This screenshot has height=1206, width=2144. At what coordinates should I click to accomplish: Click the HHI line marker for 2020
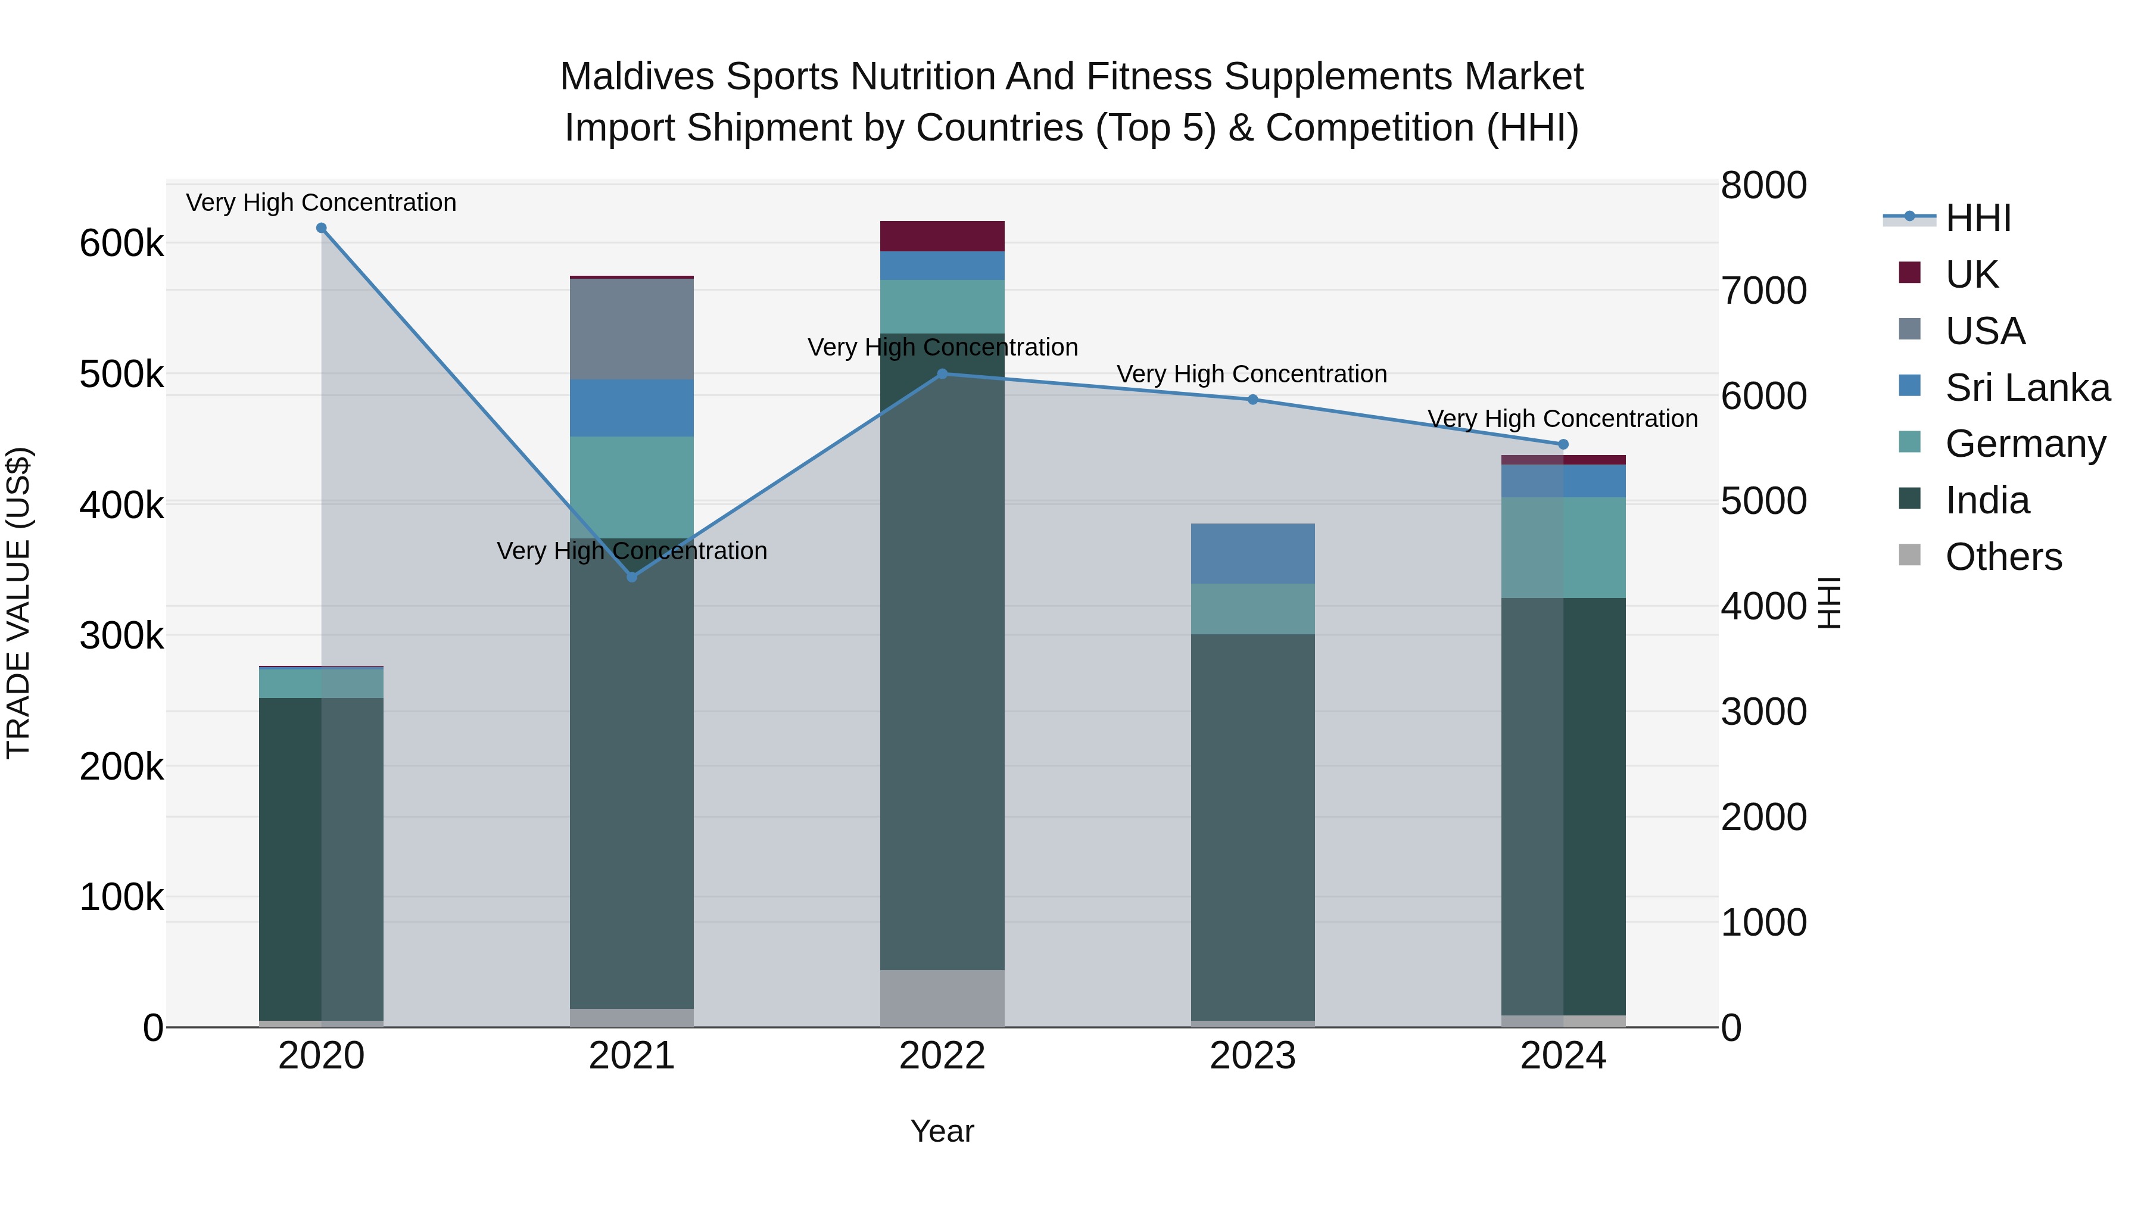[321, 228]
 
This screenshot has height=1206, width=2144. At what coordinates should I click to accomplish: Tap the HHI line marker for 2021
[632, 576]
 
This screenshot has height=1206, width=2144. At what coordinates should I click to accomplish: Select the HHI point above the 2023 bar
[1252, 400]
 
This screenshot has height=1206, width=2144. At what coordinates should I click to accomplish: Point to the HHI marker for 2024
[1563, 444]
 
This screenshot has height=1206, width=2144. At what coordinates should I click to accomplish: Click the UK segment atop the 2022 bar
[942, 236]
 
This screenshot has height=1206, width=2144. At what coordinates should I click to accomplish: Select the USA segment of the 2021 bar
[632, 329]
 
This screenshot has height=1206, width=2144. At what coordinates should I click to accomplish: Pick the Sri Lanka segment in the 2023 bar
[1252, 553]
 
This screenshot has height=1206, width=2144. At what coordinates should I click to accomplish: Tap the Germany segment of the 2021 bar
[632, 488]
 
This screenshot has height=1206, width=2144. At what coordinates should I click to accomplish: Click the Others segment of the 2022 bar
[942, 998]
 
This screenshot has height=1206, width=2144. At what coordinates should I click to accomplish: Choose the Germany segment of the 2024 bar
[1563, 548]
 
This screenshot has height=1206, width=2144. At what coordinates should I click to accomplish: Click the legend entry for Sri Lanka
[2027, 388]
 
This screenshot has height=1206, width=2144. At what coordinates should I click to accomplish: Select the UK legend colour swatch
[1909, 273]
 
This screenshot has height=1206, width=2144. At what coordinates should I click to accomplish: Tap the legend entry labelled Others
[2003, 557]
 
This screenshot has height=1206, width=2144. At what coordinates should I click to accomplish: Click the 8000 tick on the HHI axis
[1763, 186]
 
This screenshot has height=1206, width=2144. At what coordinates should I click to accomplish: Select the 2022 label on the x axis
[942, 1056]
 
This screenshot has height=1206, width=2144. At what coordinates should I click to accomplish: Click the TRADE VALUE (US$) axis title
[18, 603]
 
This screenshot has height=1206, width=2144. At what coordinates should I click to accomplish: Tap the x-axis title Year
[942, 1131]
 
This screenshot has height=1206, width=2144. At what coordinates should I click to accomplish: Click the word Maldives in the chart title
[637, 77]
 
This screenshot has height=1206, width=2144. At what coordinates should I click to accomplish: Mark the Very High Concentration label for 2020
[321, 202]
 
